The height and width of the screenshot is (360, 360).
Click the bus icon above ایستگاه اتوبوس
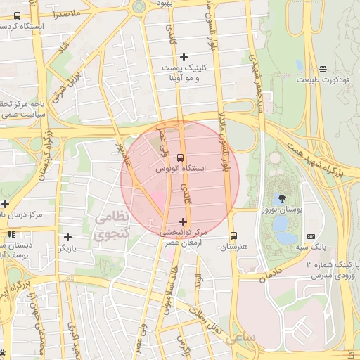coord(180,157)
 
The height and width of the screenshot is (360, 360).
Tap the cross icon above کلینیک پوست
coord(184,57)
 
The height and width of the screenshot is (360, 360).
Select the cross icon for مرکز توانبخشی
coord(184,221)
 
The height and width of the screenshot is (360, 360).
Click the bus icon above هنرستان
coord(234,236)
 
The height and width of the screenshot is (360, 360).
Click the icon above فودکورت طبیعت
coord(322,69)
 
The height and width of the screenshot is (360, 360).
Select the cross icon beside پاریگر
coord(67,238)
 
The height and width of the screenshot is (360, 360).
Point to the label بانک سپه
coord(311,247)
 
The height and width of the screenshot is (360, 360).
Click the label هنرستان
coord(234,247)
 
